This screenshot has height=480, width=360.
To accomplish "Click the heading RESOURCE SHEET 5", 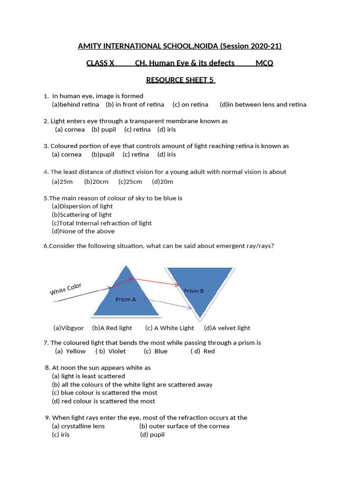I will click(x=180, y=80).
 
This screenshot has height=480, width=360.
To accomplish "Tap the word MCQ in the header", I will click(x=264, y=63).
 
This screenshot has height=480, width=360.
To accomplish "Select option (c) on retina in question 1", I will click(x=190, y=105).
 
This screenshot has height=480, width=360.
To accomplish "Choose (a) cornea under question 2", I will click(x=70, y=129).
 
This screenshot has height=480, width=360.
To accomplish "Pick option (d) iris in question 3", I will click(x=166, y=154).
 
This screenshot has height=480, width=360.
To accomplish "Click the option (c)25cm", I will click(x=130, y=181).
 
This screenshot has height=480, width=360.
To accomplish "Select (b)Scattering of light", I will click(x=82, y=215).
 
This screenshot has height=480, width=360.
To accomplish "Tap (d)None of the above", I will click(x=83, y=231).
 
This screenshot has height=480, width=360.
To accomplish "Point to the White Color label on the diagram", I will click(x=66, y=289).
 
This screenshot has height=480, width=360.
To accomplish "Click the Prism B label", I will click(x=193, y=291).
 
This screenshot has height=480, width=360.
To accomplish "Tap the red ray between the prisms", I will click(x=155, y=281).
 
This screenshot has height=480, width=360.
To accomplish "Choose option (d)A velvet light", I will click(x=227, y=328).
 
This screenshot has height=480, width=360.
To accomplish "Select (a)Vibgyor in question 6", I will click(x=68, y=328).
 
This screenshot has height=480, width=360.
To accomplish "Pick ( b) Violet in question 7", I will click(x=111, y=351).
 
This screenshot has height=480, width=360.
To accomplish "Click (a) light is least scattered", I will click(x=88, y=376).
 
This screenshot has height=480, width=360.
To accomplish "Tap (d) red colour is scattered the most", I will click(x=103, y=401).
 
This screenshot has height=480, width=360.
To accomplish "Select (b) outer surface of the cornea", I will click(x=184, y=426).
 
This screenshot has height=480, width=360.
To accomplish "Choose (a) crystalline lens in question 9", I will click(x=78, y=426).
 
